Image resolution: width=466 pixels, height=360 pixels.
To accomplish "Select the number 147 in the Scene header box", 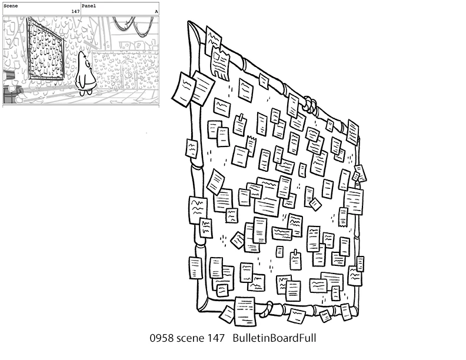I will point(75,12).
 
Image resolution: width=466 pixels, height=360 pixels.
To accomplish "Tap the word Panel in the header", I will point(89,6).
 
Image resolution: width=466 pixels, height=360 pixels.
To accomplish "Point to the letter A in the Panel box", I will point(156,12).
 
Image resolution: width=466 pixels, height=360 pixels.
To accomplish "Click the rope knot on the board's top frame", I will point(310,105).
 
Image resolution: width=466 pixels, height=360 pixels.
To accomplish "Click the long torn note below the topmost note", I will point(221,64).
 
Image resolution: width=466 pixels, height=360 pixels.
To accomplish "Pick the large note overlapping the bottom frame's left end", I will point(245,311).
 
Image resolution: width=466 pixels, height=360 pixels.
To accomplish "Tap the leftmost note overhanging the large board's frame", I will point(183,89).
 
